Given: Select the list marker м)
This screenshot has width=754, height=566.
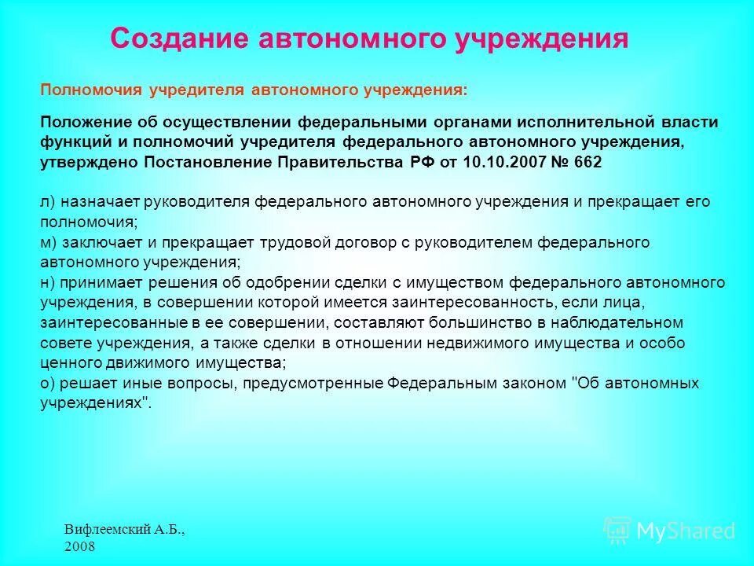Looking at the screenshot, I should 48,243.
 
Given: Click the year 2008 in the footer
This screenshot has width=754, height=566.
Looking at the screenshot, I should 80,546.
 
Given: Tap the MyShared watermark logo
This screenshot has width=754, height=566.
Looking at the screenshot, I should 670,531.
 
